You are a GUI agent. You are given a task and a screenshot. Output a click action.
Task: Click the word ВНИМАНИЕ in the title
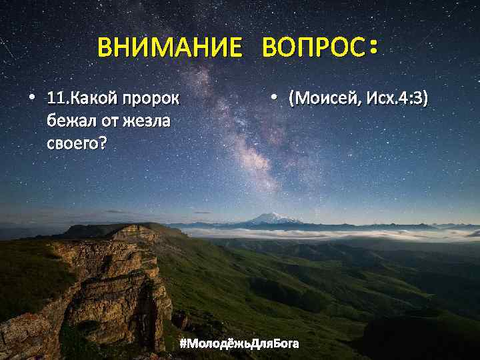coord(169,49)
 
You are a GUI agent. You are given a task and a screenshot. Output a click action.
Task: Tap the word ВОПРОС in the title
coord(314,49)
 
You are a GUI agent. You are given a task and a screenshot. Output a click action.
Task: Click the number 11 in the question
coord(56,99)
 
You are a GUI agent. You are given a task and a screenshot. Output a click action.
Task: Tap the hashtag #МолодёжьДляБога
coord(239,343)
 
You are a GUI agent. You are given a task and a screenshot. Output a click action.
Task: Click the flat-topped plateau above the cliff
coord(120,230)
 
